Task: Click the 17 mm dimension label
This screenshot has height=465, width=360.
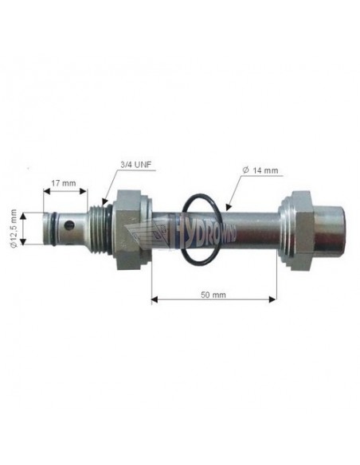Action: (64, 183)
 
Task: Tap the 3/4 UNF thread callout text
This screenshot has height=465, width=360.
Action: (138, 166)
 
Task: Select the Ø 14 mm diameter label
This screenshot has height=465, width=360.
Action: (260, 170)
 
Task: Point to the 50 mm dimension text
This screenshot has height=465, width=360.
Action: (213, 295)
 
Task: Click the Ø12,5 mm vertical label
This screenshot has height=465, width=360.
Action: (14, 228)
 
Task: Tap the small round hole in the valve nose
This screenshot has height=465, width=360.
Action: (68, 225)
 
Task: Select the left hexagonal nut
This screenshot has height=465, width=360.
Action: (128, 229)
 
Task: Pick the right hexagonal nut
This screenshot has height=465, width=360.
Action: (301, 230)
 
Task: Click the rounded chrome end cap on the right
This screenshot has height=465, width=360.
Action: (329, 230)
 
